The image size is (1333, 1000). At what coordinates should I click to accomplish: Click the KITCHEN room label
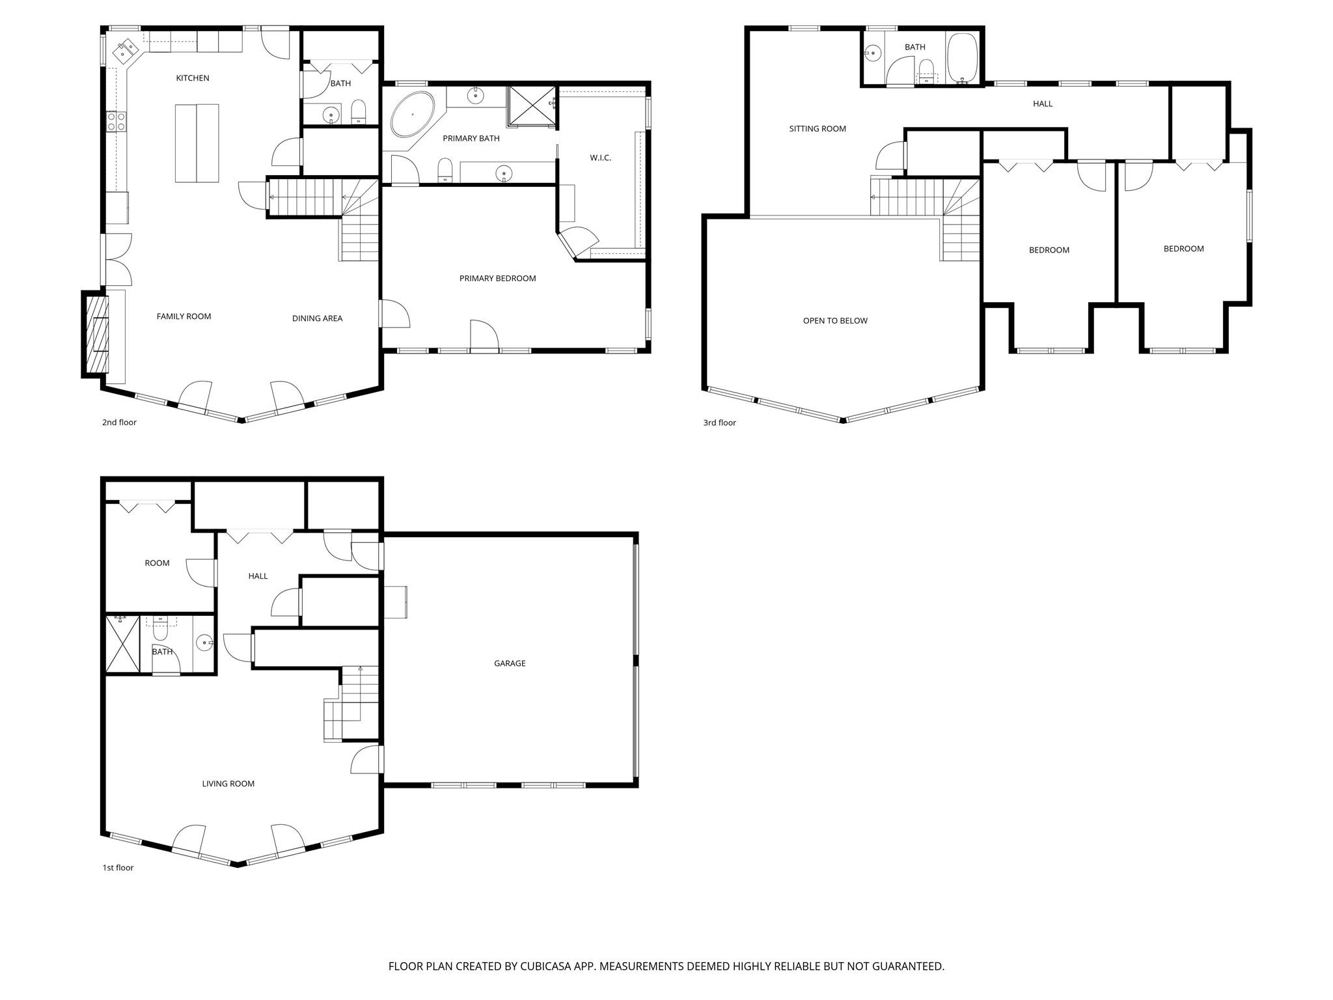pos(193,78)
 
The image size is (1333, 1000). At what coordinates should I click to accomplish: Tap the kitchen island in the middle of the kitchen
pos(197,143)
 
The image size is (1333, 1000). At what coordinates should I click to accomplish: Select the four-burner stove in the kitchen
pos(117,121)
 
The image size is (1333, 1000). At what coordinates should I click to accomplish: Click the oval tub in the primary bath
pos(413,114)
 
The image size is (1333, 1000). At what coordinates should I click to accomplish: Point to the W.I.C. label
pos(600,158)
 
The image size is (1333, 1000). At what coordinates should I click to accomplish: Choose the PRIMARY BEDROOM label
pos(497,279)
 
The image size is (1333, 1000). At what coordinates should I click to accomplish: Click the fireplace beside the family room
pos(96,333)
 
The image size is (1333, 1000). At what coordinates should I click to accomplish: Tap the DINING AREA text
pos(317,318)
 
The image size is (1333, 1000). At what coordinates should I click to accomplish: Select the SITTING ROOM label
pos(818,129)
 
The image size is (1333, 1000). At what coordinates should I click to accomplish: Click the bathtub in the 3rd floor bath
pos(962,59)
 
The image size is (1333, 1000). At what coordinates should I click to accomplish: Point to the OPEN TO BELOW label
pos(835,321)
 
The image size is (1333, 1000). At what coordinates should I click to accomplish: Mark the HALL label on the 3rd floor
pos(1042,104)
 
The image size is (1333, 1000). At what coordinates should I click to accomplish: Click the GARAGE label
pos(510,663)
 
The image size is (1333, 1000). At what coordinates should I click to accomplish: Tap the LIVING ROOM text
pos(228,784)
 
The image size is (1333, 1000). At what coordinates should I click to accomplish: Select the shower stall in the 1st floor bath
pos(122,643)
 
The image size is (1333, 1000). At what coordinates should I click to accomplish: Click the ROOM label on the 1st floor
pos(157,563)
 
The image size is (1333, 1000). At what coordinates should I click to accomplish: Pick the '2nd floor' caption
pos(119,423)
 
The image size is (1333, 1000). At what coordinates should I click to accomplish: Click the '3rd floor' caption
pos(719,423)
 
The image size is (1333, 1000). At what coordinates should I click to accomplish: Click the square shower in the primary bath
pos(532,105)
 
